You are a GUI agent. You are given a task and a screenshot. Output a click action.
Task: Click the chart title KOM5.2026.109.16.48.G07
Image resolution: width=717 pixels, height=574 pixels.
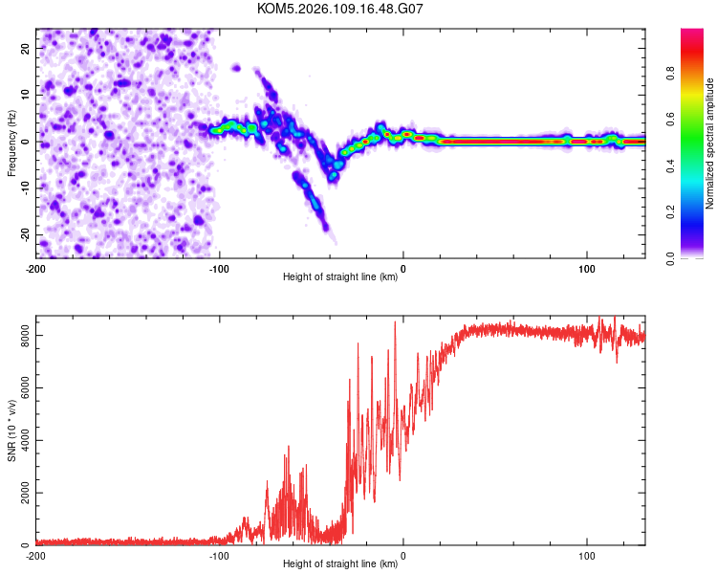point(340,9)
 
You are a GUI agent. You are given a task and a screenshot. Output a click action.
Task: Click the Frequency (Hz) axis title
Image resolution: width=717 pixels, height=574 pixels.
point(11,143)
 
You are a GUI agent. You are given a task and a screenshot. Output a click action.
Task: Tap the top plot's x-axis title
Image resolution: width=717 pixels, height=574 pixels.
point(340,277)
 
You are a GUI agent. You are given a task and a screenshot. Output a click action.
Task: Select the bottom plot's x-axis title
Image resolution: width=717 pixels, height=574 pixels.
point(340,564)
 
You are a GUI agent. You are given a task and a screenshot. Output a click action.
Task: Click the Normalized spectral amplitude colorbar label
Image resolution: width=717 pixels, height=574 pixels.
point(709,143)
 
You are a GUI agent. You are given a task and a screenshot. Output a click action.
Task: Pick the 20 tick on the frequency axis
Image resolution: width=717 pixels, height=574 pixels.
point(25,48)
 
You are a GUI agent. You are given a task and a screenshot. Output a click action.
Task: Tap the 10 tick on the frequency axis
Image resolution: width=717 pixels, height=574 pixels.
point(25,95)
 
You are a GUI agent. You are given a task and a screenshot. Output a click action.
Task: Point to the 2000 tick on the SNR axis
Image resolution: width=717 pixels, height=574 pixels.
point(19,494)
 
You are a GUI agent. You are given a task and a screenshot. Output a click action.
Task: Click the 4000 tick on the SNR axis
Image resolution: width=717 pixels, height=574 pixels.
point(19,441)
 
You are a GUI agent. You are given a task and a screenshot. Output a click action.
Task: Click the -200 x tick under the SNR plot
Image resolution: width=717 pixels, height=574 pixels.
point(36,555)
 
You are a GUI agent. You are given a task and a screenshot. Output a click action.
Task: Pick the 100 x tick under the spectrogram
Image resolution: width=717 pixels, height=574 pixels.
point(586,268)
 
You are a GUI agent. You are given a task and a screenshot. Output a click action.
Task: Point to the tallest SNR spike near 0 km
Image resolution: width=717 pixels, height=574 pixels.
point(395,322)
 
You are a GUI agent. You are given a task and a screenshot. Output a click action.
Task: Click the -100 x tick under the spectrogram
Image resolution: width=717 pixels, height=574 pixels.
point(220,268)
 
